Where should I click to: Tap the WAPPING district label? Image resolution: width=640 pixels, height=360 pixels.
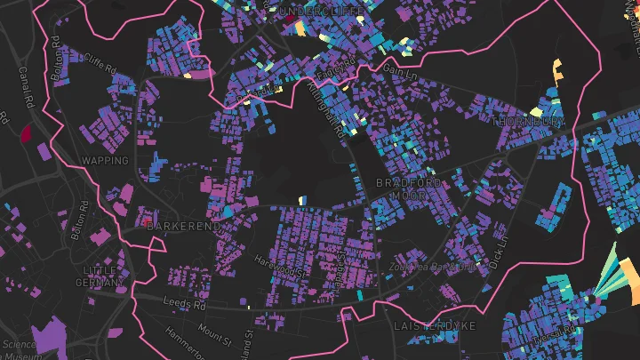[x=105, y=161]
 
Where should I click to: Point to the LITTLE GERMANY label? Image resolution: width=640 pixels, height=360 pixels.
[x=100, y=276]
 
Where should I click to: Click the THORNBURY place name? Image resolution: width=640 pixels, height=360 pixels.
[x=528, y=121]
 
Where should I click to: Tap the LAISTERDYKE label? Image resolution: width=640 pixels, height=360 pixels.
[x=435, y=326]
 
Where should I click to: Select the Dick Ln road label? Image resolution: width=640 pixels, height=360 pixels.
[x=500, y=250]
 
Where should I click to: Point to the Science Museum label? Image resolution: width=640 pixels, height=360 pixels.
[x=18, y=349]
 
